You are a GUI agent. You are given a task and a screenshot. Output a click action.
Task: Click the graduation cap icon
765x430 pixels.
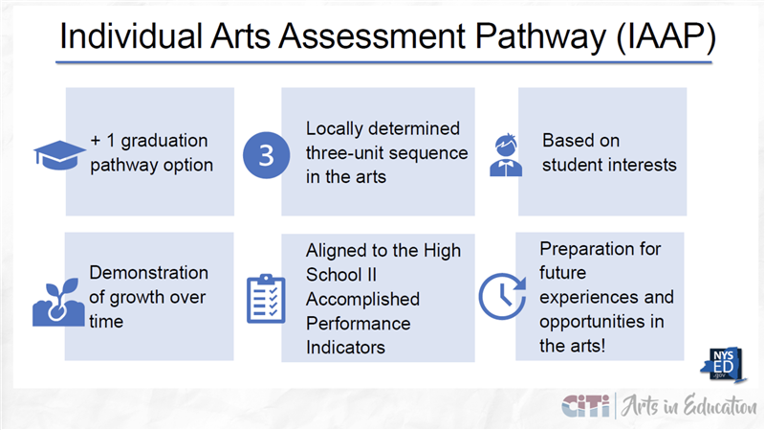(x=59, y=154)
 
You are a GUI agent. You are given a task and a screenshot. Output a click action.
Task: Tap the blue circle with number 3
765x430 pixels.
(x=267, y=154)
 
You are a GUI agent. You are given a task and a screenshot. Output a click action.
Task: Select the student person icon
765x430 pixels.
(x=506, y=154)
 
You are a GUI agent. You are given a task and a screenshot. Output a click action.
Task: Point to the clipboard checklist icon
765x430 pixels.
(x=266, y=298)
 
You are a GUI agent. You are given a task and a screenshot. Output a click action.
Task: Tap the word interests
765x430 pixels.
(x=641, y=165)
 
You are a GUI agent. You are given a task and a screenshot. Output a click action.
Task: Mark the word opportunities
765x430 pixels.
(x=596, y=321)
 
